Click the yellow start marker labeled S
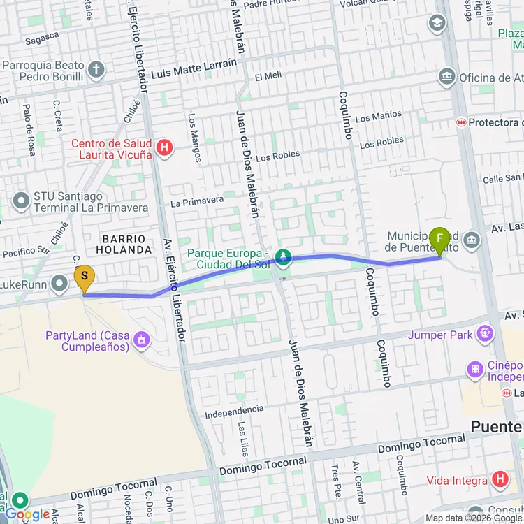tap(84, 278)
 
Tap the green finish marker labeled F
tap(439, 241)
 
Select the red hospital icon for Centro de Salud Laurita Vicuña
tap(165, 147)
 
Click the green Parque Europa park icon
tap(283, 258)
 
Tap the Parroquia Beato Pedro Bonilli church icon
tap(96, 69)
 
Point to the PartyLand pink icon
tap(143, 340)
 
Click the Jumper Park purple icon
tap(484, 335)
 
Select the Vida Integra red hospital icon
tap(500, 480)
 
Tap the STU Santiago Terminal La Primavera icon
tap(21, 201)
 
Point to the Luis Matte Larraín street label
tap(194, 69)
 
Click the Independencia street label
tap(234, 412)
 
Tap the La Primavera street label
tap(197, 202)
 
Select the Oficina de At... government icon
tap(447, 76)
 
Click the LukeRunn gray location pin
tap(60, 283)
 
